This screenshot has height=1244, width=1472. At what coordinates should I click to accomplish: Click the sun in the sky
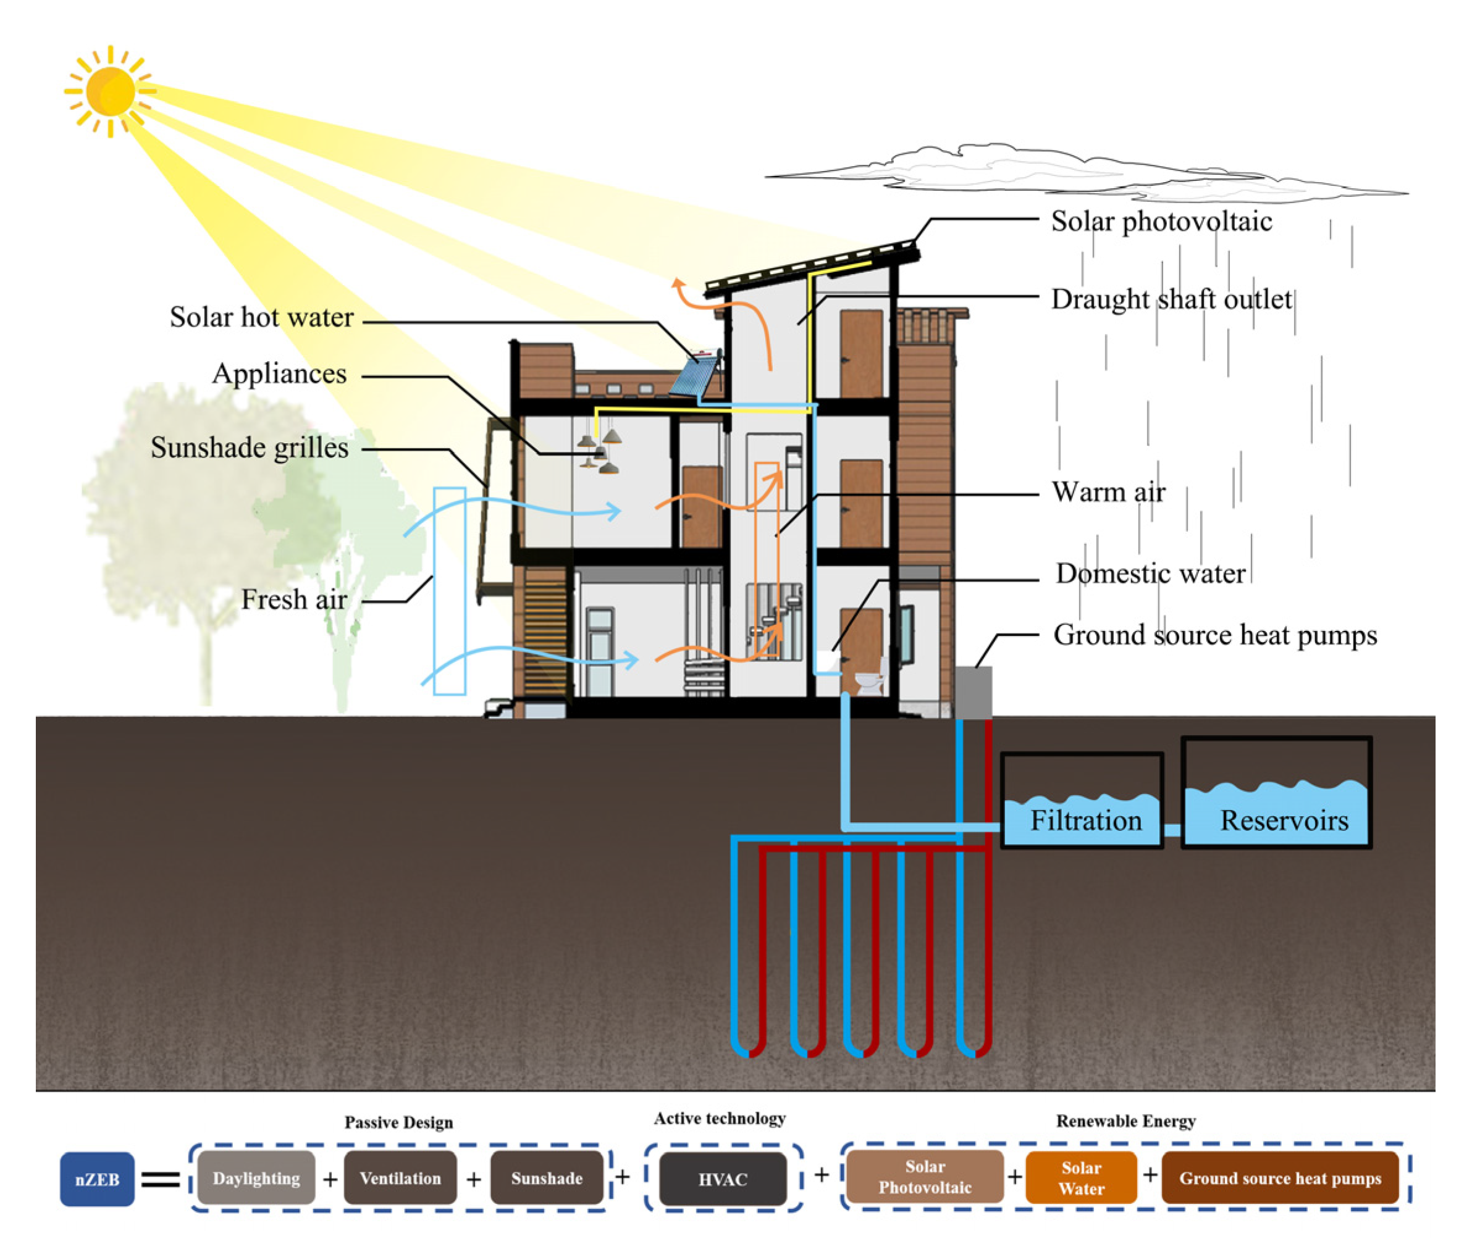(x=111, y=91)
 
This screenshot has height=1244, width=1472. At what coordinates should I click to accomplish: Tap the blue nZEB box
(x=97, y=1179)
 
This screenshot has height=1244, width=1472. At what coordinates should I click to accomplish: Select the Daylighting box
(x=256, y=1178)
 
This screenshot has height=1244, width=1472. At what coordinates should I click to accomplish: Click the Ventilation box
(x=400, y=1178)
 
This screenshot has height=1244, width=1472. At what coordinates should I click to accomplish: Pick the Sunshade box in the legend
(x=547, y=1178)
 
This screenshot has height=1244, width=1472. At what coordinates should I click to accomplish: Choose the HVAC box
(x=723, y=1179)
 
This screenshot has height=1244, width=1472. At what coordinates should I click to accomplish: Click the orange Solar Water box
(x=1081, y=1178)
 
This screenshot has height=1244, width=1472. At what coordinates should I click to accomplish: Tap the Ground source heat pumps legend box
(x=1280, y=1178)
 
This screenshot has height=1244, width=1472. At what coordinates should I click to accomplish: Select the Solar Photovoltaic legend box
(x=925, y=1176)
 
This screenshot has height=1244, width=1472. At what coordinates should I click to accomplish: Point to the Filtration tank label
(x=1085, y=820)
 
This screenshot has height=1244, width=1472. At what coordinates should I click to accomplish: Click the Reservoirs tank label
(x=1284, y=820)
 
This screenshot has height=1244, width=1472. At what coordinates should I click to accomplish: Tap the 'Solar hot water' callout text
(x=261, y=317)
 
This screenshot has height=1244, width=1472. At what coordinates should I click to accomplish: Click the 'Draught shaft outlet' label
(x=1171, y=299)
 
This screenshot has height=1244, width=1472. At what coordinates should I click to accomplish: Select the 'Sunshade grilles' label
(x=250, y=448)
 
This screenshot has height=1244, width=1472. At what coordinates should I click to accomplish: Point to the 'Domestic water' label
(x=1150, y=574)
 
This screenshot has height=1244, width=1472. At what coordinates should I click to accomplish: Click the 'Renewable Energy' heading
(x=1125, y=1121)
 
